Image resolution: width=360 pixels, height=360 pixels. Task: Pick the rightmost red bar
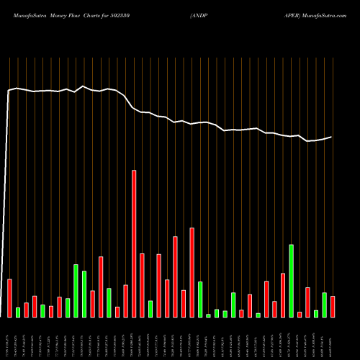[x=333, y=306]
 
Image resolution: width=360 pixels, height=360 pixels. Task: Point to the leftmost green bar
[x=18, y=312]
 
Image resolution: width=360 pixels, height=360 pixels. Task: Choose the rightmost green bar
[x=324, y=305]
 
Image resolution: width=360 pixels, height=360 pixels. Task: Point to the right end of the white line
[x=332, y=137]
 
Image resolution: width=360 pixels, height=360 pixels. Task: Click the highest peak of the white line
[x=84, y=86]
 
